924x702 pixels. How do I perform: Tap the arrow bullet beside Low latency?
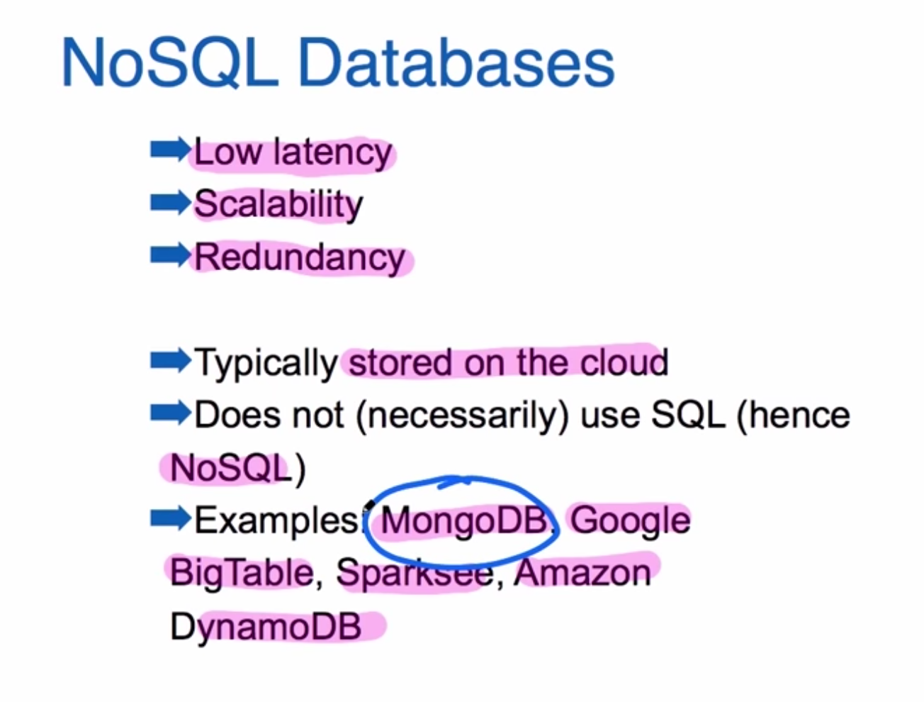169,150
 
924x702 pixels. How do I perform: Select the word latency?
333,153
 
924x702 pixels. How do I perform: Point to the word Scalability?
278,205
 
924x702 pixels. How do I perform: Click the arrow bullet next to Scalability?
169,203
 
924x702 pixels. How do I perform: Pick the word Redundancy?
300,257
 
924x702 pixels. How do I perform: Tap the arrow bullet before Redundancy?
169,255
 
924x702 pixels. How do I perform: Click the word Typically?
266,363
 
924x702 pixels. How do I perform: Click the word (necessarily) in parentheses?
462,416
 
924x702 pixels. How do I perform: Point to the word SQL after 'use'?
687,415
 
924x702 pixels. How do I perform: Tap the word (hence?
794,415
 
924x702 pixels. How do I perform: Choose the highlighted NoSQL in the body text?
231,468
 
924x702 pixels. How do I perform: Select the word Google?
630,520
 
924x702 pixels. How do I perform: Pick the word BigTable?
241,573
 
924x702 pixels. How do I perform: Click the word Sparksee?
414,573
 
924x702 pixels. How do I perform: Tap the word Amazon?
582,573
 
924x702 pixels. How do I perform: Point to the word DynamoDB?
266,627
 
